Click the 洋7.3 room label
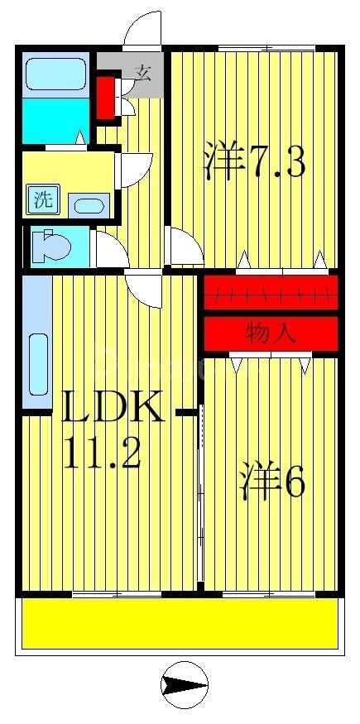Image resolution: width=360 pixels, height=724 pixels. [255, 162]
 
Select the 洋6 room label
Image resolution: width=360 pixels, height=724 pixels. [273, 485]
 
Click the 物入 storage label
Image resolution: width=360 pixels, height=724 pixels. [271, 333]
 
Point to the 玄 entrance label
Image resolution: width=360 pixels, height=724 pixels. [142, 73]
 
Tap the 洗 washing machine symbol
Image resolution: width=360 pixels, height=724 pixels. [42, 199]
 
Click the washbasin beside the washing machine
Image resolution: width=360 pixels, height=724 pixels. [85, 204]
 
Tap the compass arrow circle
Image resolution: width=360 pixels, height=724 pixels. [183, 685]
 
